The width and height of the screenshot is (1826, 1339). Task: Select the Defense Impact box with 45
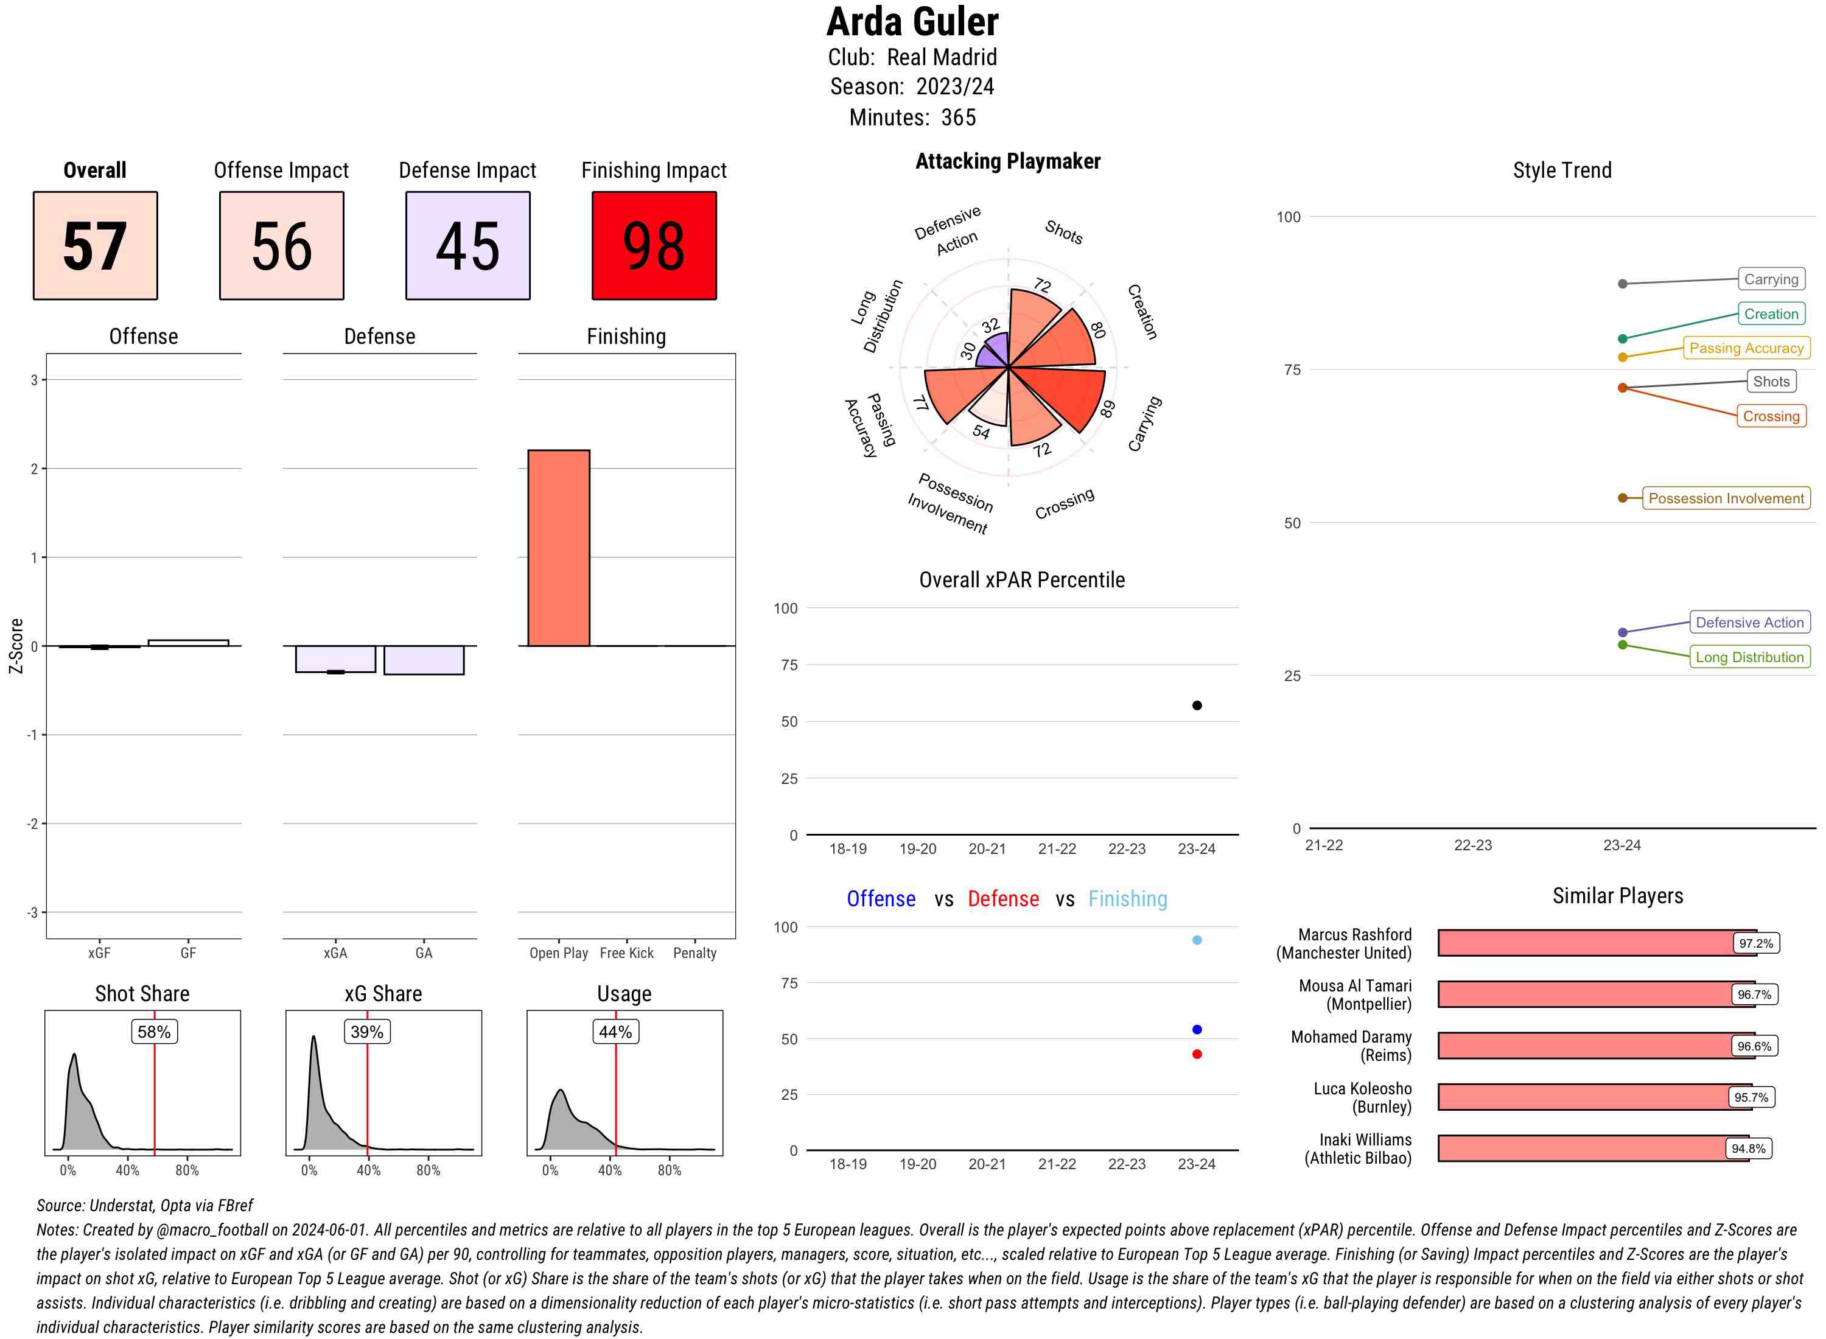pyautogui.click(x=467, y=246)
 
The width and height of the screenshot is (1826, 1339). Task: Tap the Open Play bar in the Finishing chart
pyautogui.click(x=558, y=548)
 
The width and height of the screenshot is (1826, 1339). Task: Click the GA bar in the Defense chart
pyautogui.click(x=424, y=660)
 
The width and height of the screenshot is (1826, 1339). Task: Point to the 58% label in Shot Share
pyautogui.click(x=154, y=1032)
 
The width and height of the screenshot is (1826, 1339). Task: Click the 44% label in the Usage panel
pyautogui.click(x=615, y=1032)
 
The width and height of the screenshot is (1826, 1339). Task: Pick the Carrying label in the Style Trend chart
pyautogui.click(x=1771, y=279)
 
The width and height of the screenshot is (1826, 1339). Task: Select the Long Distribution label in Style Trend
pyautogui.click(x=1749, y=657)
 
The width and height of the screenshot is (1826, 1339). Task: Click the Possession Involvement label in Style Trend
pyautogui.click(x=1726, y=498)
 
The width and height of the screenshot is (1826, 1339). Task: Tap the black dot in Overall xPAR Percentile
pyautogui.click(x=1197, y=705)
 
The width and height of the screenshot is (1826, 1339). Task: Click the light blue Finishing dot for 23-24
pyautogui.click(x=1197, y=940)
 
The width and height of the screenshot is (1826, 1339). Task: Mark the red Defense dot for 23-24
pyautogui.click(x=1197, y=1055)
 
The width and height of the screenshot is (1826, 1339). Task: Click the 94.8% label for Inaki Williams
pyautogui.click(x=1748, y=1148)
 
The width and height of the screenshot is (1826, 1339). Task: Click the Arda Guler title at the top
pyautogui.click(x=912, y=22)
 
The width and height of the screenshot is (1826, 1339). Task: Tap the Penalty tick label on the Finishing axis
pyautogui.click(x=694, y=953)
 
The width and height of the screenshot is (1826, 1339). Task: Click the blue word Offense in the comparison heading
pyautogui.click(x=881, y=899)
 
